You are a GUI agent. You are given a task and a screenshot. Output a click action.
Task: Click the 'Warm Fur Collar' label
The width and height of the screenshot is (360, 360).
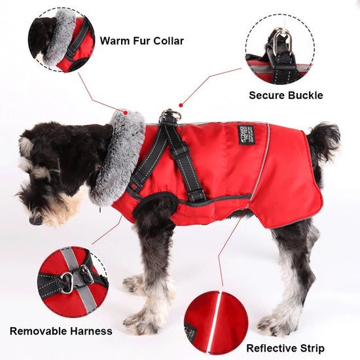tap(141, 41)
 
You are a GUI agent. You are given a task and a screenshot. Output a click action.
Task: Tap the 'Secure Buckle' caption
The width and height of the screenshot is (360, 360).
tap(285, 95)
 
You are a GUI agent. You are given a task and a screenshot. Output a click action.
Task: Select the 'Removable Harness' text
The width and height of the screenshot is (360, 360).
tap(61, 331)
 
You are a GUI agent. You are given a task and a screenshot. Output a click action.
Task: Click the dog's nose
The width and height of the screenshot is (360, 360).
tap(35, 221)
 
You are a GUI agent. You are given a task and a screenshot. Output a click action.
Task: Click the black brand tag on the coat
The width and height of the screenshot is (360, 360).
tap(246, 134)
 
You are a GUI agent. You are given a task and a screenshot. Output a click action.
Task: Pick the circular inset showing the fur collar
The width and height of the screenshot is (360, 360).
tap(62, 40)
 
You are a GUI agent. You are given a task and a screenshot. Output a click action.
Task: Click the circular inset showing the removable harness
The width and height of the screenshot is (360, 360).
tap(72, 281)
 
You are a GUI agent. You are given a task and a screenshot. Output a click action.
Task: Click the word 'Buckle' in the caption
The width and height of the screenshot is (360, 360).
tap(304, 95)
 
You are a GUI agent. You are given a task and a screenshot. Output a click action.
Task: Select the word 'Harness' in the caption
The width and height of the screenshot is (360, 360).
tap(90, 331)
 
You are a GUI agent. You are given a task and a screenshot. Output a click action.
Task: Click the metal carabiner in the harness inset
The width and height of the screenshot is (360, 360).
tap(67, 283)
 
